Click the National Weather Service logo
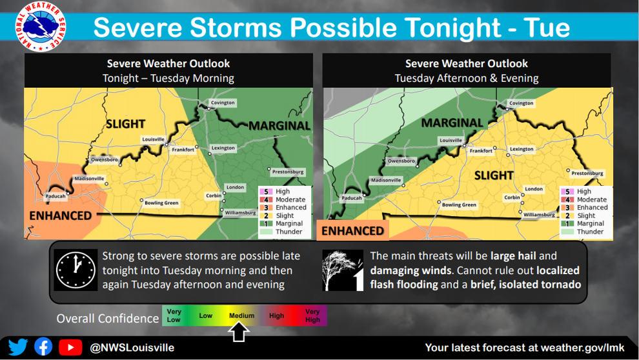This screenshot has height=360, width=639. coord(41,26)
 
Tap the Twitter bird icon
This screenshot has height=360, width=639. coord(18,347)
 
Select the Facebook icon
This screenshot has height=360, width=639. coord(43,347)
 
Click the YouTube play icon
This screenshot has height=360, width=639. coord(70,347)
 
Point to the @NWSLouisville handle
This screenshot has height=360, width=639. coord(132,348)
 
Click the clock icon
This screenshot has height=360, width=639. coord(76,270)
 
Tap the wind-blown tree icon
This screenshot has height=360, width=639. coord(342,270)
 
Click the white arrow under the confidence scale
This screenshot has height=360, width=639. coord(239,332)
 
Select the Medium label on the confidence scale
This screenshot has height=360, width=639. coord(241,315)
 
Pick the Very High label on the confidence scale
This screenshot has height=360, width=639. coord(312,315)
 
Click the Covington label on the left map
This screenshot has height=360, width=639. coord(223,103)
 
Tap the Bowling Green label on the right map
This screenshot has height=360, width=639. coord(459,205)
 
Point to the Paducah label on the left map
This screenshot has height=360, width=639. coord(56,196)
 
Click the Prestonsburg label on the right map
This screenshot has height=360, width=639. coord(587,173)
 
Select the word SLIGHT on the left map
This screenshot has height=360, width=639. coord(125,124)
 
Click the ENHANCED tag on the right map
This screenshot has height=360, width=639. coord(352,231)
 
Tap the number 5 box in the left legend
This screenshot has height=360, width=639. coord(266,192)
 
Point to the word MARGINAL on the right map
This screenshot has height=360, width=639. coord(452,123)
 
